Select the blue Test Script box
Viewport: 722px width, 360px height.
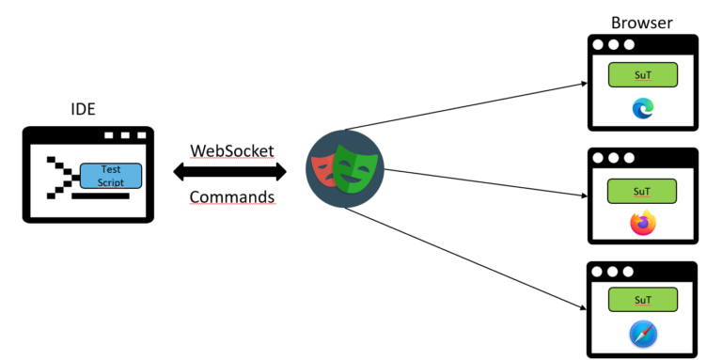click(x=111, y=175)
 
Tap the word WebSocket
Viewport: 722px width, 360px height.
click(x=232, y=150)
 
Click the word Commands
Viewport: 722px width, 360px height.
click(x=232, y=197)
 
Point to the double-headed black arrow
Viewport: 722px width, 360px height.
click(x=230, y=172)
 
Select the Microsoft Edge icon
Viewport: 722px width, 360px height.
click(x=643, y=109)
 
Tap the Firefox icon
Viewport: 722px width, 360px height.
click(x=643, y=223)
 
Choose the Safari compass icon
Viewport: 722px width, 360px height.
click(x=643, y=334)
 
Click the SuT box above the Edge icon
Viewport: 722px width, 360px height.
click(x=642, y=73)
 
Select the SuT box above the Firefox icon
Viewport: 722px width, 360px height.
click(x=642, y=190)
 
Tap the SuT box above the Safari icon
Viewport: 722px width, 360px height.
click(x=642, y=301)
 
